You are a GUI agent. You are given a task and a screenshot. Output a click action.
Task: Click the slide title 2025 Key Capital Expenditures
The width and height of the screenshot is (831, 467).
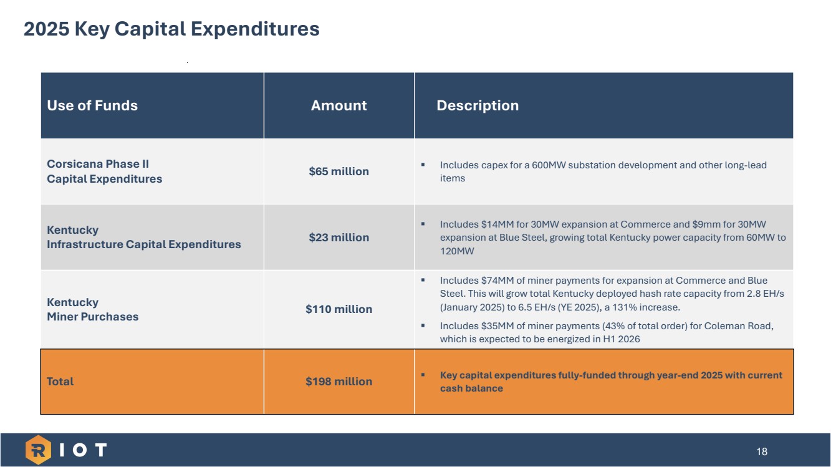[171, 29]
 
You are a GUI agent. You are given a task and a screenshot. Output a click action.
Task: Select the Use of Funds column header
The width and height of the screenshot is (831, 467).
[92, 105]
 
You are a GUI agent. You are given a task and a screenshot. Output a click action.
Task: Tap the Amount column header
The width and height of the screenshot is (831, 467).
[339, 105]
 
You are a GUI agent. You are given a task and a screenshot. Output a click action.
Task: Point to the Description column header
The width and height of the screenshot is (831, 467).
[478, 105]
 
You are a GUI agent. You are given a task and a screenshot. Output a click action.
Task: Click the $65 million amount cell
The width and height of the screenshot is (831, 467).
[339, 171]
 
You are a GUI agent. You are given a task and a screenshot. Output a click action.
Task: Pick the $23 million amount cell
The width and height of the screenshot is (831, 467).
[339, 238]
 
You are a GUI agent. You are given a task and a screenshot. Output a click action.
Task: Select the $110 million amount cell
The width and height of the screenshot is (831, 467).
[339, 309]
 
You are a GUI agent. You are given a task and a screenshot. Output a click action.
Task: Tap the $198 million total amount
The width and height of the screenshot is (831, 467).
[339, 382]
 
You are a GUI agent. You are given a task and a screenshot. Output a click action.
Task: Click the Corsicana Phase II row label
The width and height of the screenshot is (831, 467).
[104, 171]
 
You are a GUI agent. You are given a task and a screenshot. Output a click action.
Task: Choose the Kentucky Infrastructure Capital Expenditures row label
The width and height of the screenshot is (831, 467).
[143, 238]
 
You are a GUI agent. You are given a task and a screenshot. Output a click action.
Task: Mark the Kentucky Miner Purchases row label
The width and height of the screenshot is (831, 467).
[92, 309]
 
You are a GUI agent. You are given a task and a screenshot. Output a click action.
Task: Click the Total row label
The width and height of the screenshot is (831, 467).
[60, 382]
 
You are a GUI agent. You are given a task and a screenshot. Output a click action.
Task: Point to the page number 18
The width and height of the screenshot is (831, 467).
[762, 451]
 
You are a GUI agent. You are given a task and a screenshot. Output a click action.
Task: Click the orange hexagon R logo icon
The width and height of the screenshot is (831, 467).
[37, 450]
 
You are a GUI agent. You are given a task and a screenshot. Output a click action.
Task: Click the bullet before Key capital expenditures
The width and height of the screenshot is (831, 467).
[423, 375]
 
